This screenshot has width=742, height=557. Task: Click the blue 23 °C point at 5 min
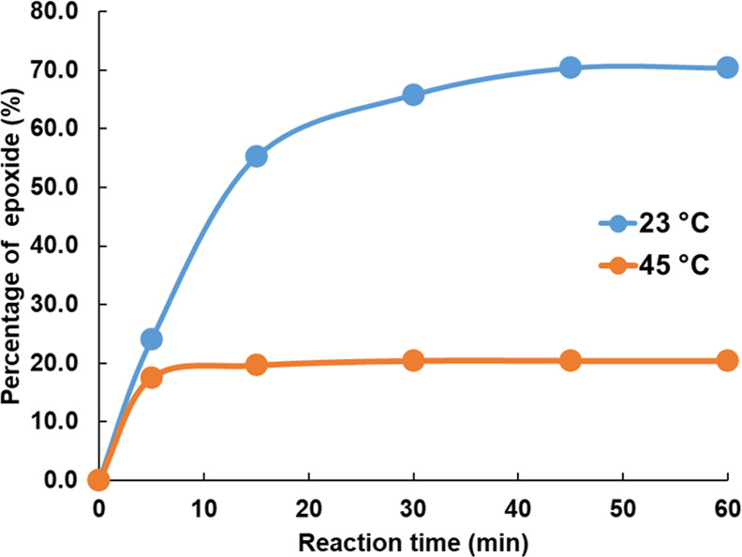151,339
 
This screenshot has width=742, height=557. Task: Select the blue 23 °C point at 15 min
256,157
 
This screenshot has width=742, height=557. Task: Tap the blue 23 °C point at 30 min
413,95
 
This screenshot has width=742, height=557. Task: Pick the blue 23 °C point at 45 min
570,68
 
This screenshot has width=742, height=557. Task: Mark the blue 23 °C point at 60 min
727,68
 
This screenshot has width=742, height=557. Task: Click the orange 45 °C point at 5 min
151,377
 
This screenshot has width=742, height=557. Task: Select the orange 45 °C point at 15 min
256,365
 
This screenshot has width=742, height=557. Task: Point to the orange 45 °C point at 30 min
413,360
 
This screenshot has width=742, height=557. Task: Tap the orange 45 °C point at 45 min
570,360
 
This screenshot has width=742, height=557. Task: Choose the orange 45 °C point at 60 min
727,360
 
